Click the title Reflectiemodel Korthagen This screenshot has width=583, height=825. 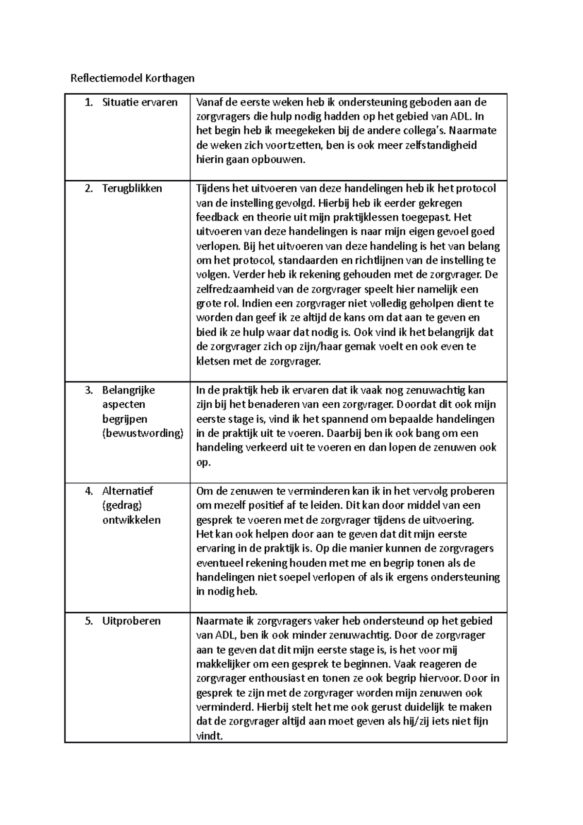(x=132, y=78)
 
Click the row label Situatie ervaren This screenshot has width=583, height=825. (x=139, y=102)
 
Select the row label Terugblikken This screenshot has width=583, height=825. (x=132, y=189)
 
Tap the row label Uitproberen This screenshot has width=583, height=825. (x=131, y=621)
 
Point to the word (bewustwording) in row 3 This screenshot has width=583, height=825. (x=142, y=433)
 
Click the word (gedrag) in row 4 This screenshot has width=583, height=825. (x=122, y=505)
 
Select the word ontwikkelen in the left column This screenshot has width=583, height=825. (x=131, y=520)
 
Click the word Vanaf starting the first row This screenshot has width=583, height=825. (x=209, y=102)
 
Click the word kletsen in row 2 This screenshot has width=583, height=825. (x=212, y=361)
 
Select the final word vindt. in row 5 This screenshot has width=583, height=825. (x=209, y=736)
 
